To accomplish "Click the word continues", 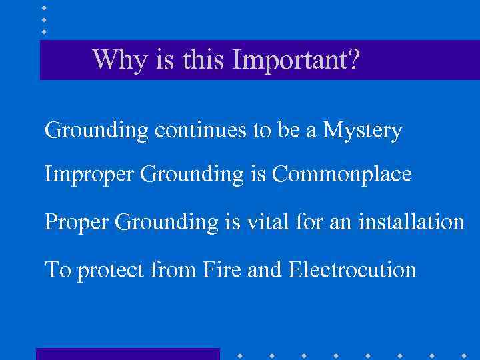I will (x=201, y=131).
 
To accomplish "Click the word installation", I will (x=411, y=221).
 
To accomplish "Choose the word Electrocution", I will (x=352, y=270).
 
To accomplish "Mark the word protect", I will (x=111, y=271).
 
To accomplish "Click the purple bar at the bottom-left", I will (x=127, y=353).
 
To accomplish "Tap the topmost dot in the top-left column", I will (x=44, y=8).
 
